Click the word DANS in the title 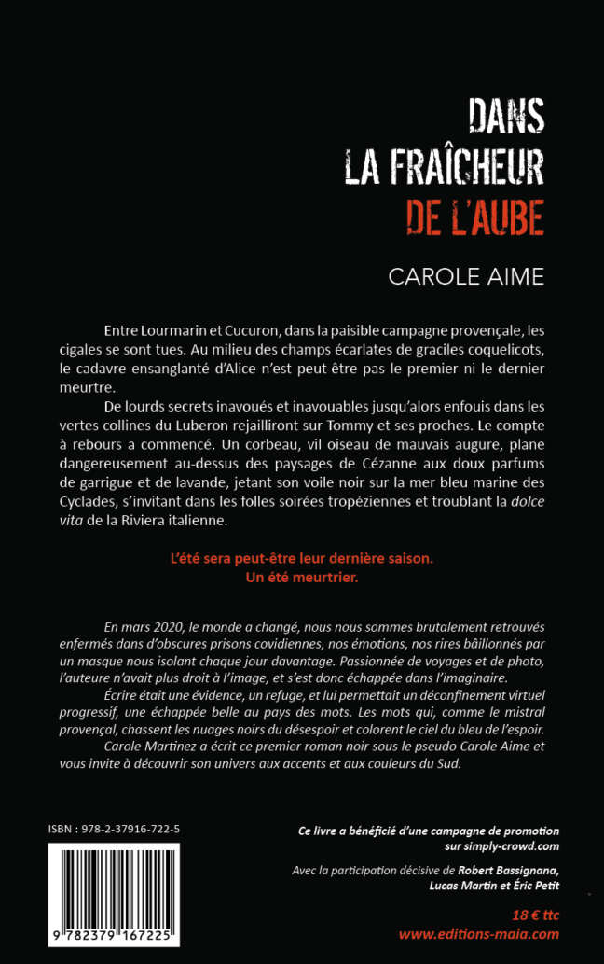point(506,119)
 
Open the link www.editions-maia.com point(479,933)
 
